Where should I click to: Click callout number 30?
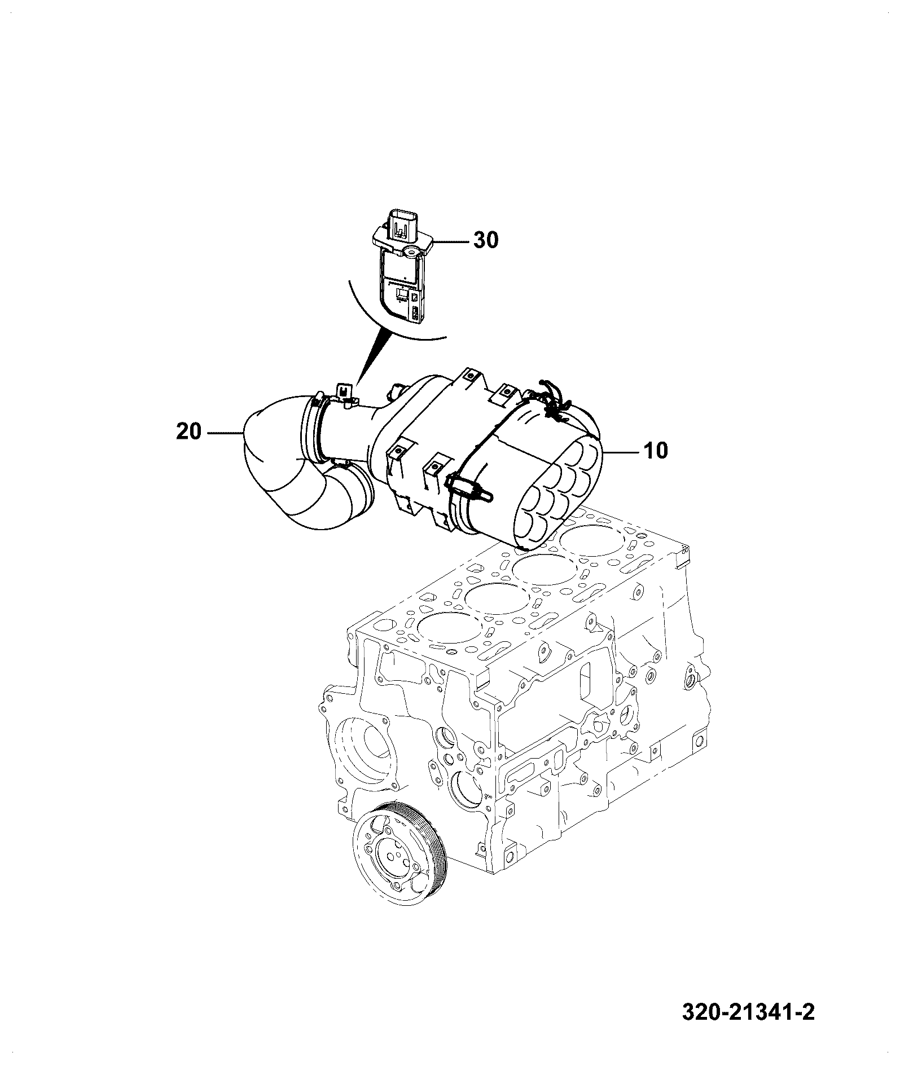click(x=485, y=241)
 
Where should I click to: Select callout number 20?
click(x=188, y=432)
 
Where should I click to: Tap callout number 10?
click(x=655, y=451)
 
